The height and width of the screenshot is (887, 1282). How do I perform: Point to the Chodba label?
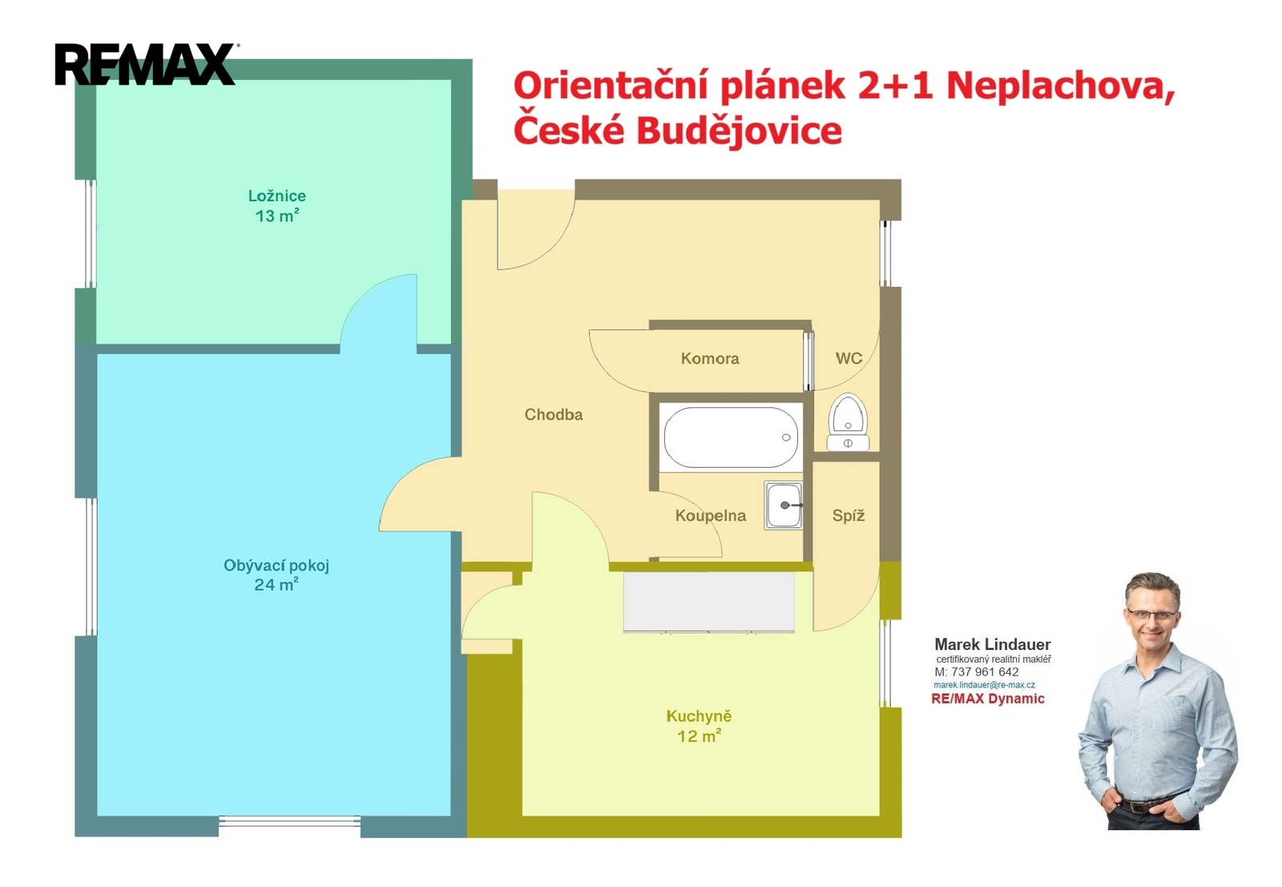[554, 414]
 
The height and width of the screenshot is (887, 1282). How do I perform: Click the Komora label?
[710, 359]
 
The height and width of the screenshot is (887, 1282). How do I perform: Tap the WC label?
[849, 359]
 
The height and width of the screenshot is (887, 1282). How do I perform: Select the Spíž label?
[849, 515]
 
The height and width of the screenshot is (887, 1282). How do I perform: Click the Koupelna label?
[711, 515]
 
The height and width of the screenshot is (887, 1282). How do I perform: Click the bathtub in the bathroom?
[731, 437]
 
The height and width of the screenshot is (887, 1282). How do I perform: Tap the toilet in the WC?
[849, 422]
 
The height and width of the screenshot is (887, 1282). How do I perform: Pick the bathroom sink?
[784, 506]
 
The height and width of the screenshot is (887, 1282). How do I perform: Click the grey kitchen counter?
[709, 602]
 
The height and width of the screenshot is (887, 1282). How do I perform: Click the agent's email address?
[985, 685]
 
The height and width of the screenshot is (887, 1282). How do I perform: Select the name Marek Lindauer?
[993, 644]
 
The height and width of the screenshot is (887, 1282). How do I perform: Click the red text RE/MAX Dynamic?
[988, 699]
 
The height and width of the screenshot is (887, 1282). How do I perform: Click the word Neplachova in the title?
[1061, 87]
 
